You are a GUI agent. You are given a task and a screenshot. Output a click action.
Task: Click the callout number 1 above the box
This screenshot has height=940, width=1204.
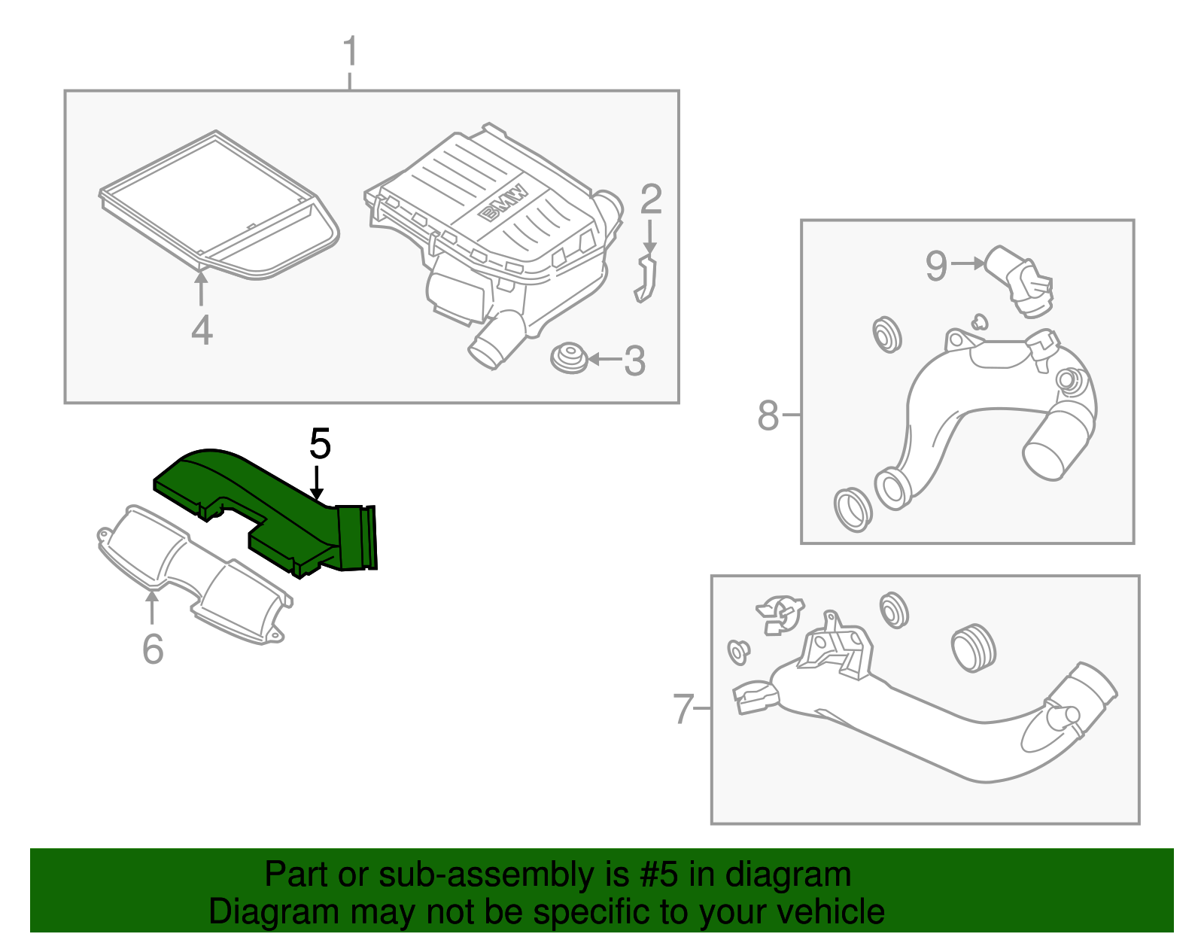click(x=349, y=52)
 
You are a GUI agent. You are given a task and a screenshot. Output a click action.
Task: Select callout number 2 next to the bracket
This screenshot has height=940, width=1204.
click(x=651, y=199)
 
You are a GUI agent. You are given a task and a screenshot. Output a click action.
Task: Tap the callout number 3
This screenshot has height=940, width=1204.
click(x=634, y=361)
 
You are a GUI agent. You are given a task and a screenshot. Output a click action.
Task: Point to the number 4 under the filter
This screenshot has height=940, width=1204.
click(x=202, y=330)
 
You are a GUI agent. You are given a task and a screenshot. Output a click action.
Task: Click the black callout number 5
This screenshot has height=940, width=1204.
click(x=320, y=444)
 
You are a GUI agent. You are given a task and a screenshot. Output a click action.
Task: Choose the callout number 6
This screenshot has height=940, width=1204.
click(x=153, y=649)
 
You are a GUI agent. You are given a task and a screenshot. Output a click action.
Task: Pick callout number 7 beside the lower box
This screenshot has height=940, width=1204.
click(x=683, y=708)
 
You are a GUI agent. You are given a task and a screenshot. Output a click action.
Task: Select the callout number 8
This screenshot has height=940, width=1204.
click(x=768, y=415)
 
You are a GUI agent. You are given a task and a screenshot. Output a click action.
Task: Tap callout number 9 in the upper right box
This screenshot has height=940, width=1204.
click(x=936, y=266)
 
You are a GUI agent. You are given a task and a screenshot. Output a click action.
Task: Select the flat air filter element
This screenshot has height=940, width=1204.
click(x=218, y=203)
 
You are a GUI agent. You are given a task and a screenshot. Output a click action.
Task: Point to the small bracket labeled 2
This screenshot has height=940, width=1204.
click(x=646, y=278)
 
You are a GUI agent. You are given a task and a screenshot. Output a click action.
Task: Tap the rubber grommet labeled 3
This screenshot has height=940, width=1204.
click(x=570, y=357)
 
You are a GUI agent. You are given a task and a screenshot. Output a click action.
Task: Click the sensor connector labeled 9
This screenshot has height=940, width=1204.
click(x=1022, y=280)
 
